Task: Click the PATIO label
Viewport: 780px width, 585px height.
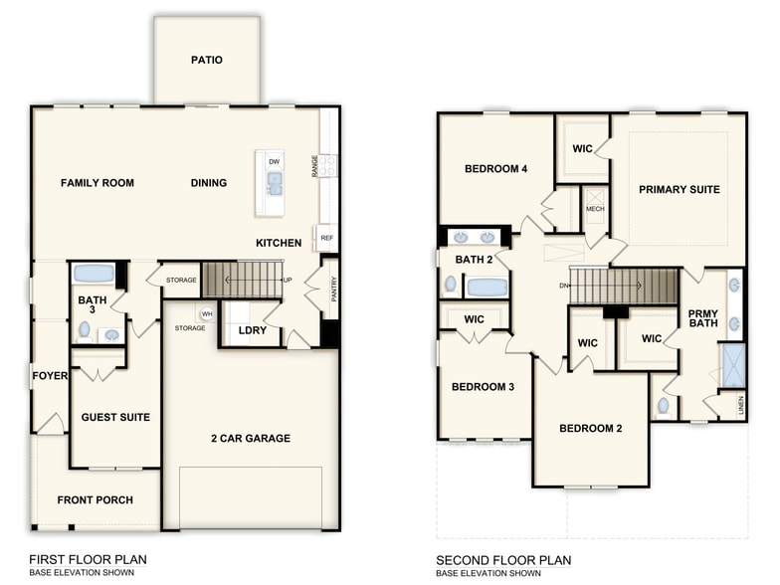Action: [207, 60]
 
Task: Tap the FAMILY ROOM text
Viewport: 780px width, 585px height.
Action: [97, 183]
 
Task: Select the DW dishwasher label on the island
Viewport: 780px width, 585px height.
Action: [274, 161]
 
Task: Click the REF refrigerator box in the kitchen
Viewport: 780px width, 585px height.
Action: [325, 238]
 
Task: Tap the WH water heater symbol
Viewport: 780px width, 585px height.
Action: [207, 314]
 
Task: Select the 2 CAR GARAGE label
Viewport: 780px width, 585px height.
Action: [250, 438]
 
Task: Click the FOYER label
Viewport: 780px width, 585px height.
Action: [50, 376]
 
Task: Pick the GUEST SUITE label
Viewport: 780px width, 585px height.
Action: [115, 417]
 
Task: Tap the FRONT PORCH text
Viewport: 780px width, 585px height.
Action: [95, 500]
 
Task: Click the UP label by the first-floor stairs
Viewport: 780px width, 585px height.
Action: [288, 280]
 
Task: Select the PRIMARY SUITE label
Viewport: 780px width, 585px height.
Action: [680, 189]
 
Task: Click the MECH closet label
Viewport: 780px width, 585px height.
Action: [595, 209]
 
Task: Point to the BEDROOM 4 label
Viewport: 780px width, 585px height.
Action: [495, 169]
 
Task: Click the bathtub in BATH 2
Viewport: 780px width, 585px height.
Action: [487, 288]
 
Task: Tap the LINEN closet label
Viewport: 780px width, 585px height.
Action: [740, 405]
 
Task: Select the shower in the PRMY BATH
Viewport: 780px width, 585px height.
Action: [733, 365]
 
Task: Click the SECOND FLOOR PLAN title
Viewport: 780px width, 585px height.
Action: [503, 560]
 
